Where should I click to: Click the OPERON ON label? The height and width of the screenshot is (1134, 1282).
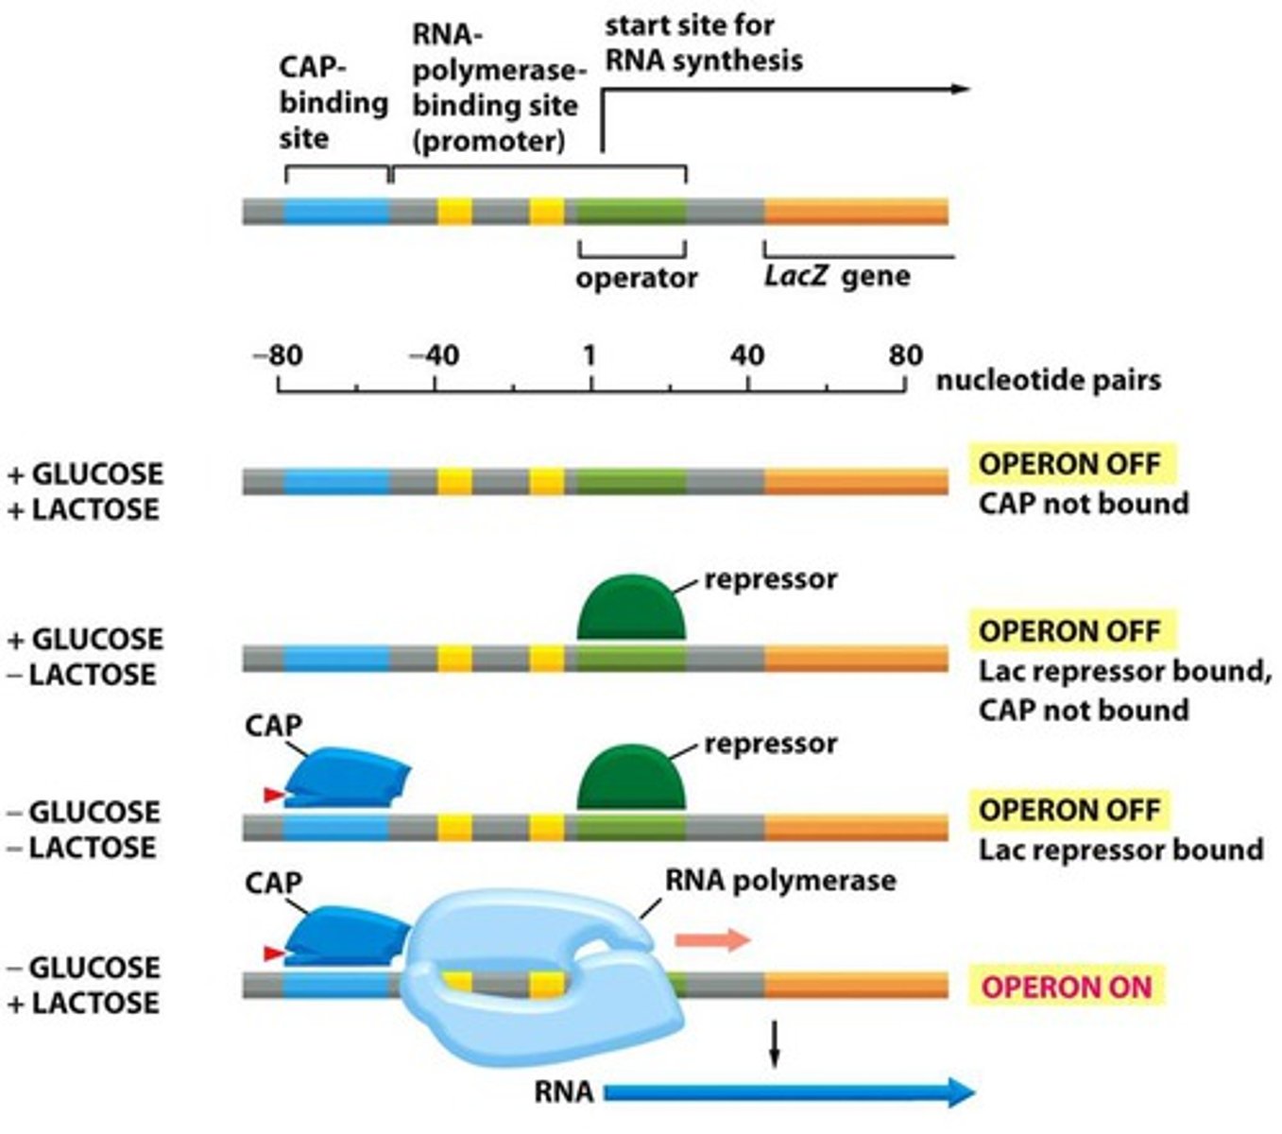pos(1067,987)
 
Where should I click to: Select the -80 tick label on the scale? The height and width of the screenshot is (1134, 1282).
pos(277,356)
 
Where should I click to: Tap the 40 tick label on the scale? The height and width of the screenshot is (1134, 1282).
pos(747,356)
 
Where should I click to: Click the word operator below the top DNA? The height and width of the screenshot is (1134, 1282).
pos(636,278)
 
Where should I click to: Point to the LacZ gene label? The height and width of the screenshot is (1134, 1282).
pos(837,277)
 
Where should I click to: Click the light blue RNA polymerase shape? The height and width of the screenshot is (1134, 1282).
pos(529,1002)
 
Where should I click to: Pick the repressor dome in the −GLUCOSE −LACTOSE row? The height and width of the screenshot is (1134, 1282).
pos(631,780)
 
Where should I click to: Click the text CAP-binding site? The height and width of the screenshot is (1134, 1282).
pos(332,103)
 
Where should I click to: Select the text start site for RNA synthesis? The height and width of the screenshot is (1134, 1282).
pos(703,43)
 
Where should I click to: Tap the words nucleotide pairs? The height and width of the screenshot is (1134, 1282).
pos(1048,380)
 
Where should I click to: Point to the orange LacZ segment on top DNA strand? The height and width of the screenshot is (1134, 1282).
pos(855,211)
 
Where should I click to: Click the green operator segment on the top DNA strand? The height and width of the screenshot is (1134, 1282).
pos(631,211)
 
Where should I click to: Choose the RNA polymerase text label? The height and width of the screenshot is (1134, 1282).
pos(780,881)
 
